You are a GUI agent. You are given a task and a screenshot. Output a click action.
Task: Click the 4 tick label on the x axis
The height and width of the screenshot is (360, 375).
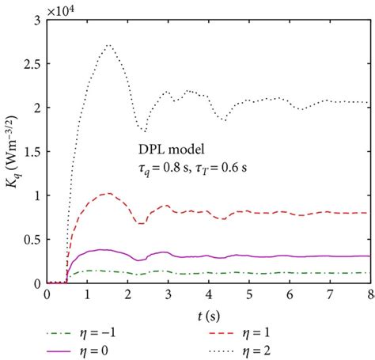coord(209,294)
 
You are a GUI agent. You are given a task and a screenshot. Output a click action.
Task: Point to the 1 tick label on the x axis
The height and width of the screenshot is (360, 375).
coord(87,294)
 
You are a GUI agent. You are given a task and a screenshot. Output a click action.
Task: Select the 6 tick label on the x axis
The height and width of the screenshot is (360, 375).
coord(290,294)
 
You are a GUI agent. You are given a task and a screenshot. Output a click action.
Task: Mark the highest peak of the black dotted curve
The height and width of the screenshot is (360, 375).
coord(109,45)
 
